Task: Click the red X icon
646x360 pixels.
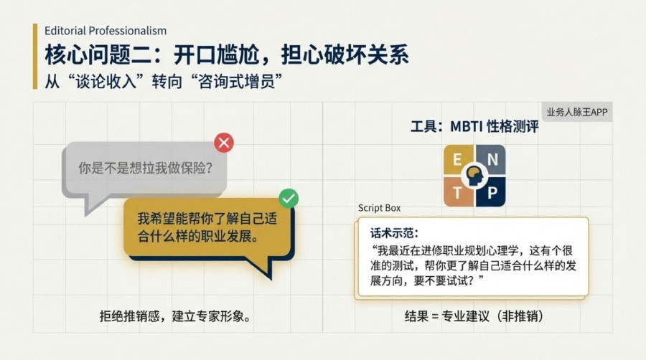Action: (x=224, y=143)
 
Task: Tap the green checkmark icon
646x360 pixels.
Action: (x=289, y=198)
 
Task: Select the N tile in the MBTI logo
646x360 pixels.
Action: (x=492, y=160)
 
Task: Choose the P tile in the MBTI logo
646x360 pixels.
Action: (x=492, y=192)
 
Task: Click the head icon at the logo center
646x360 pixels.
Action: (x=474, y=176)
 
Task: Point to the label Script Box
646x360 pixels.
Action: (x=379, y=208)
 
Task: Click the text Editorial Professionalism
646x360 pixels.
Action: (x=105, y=30)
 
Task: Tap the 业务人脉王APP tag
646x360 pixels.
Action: (x=577, y=112)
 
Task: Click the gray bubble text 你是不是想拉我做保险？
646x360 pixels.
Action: (x=146, y=169)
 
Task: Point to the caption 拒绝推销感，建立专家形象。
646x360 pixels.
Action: (x=176, y=316)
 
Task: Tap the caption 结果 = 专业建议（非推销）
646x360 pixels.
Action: (x=474, y=316)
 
